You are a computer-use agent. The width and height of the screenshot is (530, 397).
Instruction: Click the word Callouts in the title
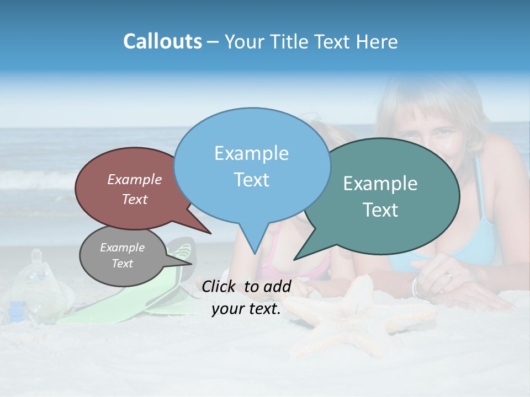tap(162, 42)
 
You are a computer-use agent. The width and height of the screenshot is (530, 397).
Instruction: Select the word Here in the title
tap(378, 42)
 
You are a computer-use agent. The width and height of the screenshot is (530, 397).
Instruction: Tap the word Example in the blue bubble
tap(251, 153)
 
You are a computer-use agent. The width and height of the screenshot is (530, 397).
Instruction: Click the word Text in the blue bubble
tap(251, 180)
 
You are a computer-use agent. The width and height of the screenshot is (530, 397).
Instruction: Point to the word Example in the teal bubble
tap(380, 184)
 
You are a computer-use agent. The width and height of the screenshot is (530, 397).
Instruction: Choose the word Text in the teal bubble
tap(381, 210)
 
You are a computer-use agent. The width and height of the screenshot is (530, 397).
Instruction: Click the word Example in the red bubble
tap(135, 179)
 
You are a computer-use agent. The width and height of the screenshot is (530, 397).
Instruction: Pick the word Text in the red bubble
tap(135, 200)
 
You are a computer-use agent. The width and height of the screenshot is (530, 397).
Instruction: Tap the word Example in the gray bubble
tap(122, 248)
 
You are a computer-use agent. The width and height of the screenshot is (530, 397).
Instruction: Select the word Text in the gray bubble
tap(122, 264)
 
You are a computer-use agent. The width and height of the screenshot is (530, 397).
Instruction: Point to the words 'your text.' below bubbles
tap(246, 309)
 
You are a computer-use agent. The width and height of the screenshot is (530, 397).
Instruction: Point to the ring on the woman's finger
tap(449, 276)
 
